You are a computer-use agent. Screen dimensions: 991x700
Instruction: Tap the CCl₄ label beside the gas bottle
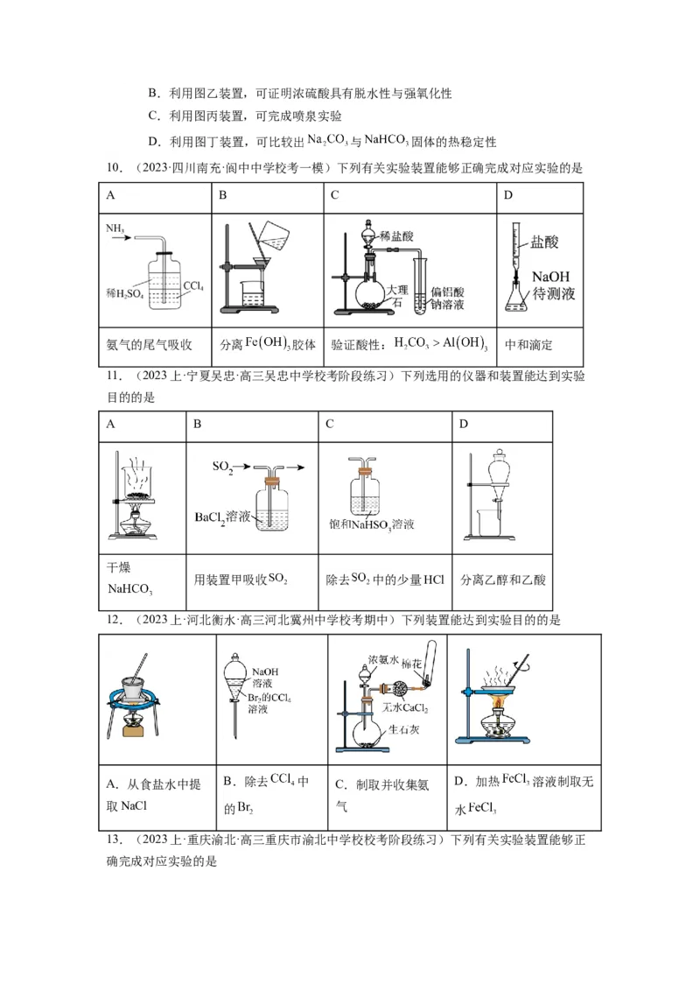point(195,285)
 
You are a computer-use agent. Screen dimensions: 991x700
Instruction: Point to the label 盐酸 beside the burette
point(543,242)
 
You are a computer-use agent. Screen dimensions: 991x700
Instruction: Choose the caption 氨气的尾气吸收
point(148,345)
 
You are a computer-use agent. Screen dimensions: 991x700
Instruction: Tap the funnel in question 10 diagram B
point(259,264)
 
